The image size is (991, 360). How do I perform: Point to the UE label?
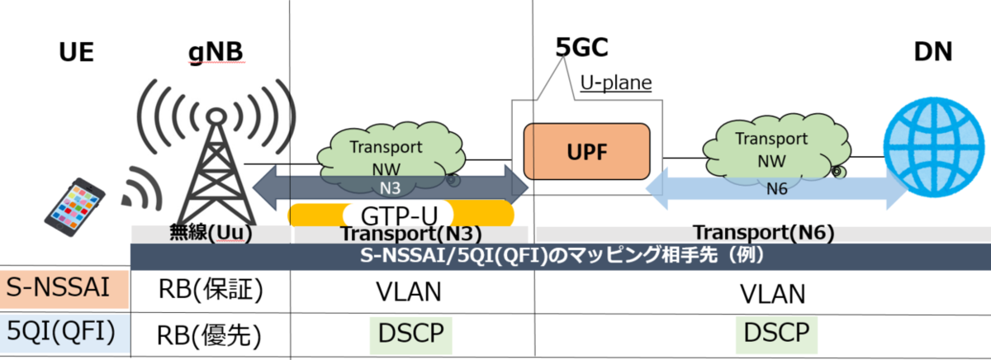[77, 53]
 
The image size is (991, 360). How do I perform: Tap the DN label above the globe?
[933, 52]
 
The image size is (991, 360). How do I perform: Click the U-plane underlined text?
[615, 83]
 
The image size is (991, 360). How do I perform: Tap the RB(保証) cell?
[210, 291]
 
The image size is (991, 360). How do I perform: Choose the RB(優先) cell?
[210, 334]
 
